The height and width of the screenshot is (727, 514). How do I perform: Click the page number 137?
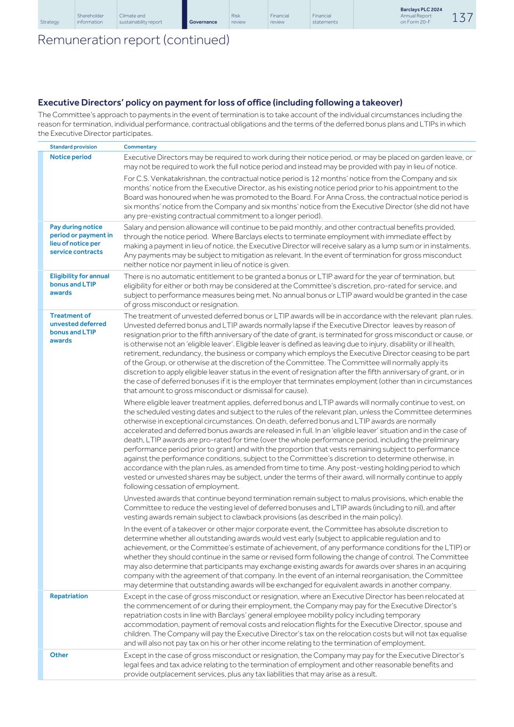click(x=462, y=18)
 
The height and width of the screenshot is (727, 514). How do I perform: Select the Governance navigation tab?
click(x=203, y=22)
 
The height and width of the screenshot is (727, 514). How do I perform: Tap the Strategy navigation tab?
click(x=50, y=22)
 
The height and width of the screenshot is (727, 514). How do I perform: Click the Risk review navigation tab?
click(x=238, y=19)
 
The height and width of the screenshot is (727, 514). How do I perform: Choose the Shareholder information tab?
click(x=90, y=19)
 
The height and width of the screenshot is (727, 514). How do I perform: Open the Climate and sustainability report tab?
click(x=140, y=19)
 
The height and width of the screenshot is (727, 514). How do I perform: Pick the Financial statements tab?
click(x=324, y=19)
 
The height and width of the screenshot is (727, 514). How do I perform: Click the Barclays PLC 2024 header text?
click(x=421, y=10)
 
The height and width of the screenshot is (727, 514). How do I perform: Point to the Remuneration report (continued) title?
click(x=133, y=40)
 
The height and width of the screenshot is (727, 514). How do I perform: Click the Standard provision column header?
click(x=73, y=146)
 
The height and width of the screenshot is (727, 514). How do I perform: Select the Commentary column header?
click(x=140, y=146)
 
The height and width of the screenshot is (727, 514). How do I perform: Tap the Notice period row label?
click(x=70, y=157)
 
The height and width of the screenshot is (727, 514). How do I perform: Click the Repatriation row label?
click(x=69, y=596)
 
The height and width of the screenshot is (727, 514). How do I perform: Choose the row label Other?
click(x=59, y=655)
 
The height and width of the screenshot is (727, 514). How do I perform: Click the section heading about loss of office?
click(x=220, y=102)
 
